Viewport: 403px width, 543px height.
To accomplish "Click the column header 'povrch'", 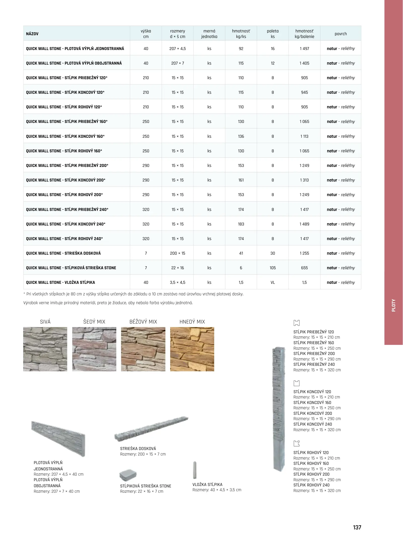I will tap(341, 34).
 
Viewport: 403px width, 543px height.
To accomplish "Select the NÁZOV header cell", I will tap(32, 34).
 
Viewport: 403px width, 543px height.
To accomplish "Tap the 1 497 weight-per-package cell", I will tap(304, 49).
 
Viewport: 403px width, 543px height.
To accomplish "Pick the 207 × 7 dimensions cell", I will tap(177, 63).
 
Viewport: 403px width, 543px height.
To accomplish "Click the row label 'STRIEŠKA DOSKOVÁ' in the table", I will tap(63, 253).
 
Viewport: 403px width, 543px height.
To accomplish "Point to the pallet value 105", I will tap(273, 268).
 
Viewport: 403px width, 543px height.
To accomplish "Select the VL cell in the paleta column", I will tap(273, 282).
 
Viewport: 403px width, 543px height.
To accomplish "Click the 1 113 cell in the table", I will tap(304, 136).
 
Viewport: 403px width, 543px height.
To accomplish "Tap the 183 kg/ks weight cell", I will tap(241, 224).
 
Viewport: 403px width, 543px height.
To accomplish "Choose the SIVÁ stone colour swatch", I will tap(45, 349).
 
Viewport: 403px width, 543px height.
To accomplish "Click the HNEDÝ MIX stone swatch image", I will tap(192, 349).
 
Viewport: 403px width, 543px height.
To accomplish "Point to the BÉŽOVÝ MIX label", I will tap(143, 322).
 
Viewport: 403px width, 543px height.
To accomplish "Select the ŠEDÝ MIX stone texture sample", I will tap(94, 349).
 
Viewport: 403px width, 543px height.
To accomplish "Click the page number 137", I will tap(357, 527).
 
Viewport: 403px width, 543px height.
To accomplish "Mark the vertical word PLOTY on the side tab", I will tap(393, 305).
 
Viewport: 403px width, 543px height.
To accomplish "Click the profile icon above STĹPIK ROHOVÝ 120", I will tap(297, 443).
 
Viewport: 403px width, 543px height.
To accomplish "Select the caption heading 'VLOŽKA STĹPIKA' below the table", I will tap(207, 484).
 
